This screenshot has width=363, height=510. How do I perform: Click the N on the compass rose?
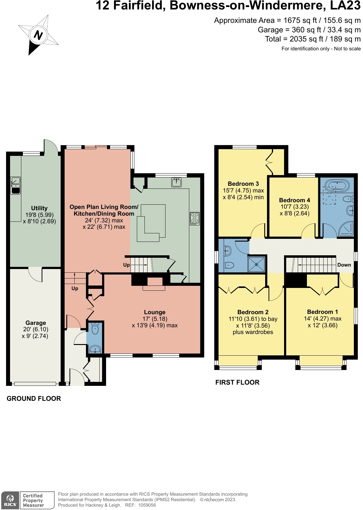click(x=38, y=35)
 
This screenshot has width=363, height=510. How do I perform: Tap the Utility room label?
click(x=39, y=208)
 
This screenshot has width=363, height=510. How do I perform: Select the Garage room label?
click(x=36, y=323)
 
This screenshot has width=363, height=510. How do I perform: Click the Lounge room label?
click(x=155, y=312)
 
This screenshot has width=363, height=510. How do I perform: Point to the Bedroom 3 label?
click(x=243, y=184)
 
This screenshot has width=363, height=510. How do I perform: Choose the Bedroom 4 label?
click(x=294, y=200)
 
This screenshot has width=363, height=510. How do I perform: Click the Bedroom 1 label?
click(x=322, y=312)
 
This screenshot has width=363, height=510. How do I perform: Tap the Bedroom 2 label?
click(x=253, y=312)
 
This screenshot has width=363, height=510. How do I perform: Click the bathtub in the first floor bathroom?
click(x=337, y=185)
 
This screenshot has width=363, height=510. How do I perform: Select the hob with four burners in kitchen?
click(x=195, y=219)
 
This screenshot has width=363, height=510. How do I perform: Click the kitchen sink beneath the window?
click(x=176, y=182)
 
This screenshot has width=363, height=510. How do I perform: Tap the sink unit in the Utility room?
click(x=16, y=185)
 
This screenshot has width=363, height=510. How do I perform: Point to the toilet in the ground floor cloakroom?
click(x=95, y=328)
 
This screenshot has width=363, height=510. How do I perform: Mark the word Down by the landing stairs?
click(x=344, y=265)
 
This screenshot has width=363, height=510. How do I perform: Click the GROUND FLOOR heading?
click(x=34, y=399)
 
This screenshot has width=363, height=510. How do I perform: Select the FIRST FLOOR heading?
click(x=237, y=382)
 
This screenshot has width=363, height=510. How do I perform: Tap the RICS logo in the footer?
click(x=10, y=501)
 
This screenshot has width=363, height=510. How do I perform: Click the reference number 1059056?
click(x=147, y=505)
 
